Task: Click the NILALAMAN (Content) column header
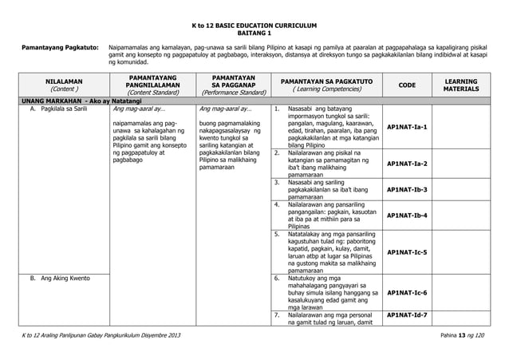coord(61,86)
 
